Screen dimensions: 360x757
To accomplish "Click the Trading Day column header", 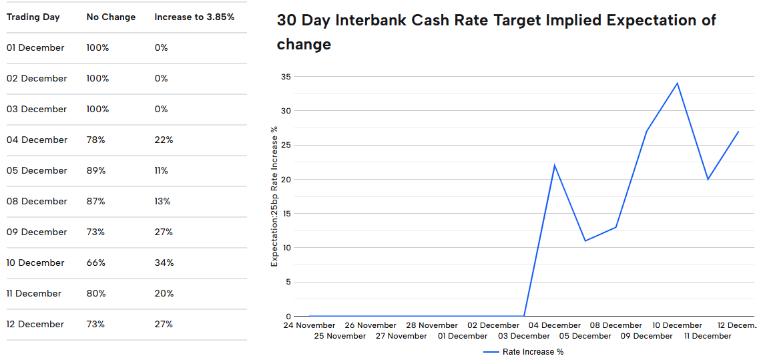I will tap(33, 17).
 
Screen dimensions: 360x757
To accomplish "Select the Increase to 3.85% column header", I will tap(194, 17).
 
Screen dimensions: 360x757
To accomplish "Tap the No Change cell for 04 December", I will tap(95, 140).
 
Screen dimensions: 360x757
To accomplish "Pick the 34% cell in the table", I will tap(164, 262).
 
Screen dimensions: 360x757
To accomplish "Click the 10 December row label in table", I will tap(35, 262).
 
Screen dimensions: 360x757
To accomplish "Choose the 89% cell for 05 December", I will tap(95, 170).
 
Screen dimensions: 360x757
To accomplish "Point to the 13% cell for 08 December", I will tap(162, 201).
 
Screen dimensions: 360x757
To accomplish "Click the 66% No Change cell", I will tap(95, 262).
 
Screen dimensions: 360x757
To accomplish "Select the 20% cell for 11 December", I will tap(164, 293).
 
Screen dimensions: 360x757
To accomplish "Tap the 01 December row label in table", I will tap(35, 47).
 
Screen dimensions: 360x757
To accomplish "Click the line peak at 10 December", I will tap(677, 83).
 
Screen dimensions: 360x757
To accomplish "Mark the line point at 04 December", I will tap(554, 165).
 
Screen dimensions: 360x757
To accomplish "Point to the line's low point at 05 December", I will tap(585, 240).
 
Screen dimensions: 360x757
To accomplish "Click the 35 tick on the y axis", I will tap(286, 77).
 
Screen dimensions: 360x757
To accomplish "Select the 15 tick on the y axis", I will tap(286, 214).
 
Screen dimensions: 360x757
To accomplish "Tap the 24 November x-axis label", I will tap(309, 325).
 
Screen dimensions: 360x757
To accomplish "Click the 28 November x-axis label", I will tap(432, 325).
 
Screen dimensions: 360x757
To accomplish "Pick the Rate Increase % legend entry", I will tap(532, 351).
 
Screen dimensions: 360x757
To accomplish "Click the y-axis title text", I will tap(274, 196).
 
